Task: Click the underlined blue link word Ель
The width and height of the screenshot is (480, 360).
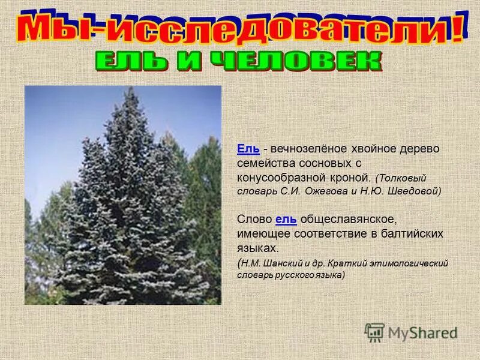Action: coord(248,149)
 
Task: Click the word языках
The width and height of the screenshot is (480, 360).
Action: coord(257,247)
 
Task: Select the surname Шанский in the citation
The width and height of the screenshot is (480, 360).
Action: coord(281,263)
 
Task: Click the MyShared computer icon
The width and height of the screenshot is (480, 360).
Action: coord(374,332)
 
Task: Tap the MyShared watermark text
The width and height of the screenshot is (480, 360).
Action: coord(422,332)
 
